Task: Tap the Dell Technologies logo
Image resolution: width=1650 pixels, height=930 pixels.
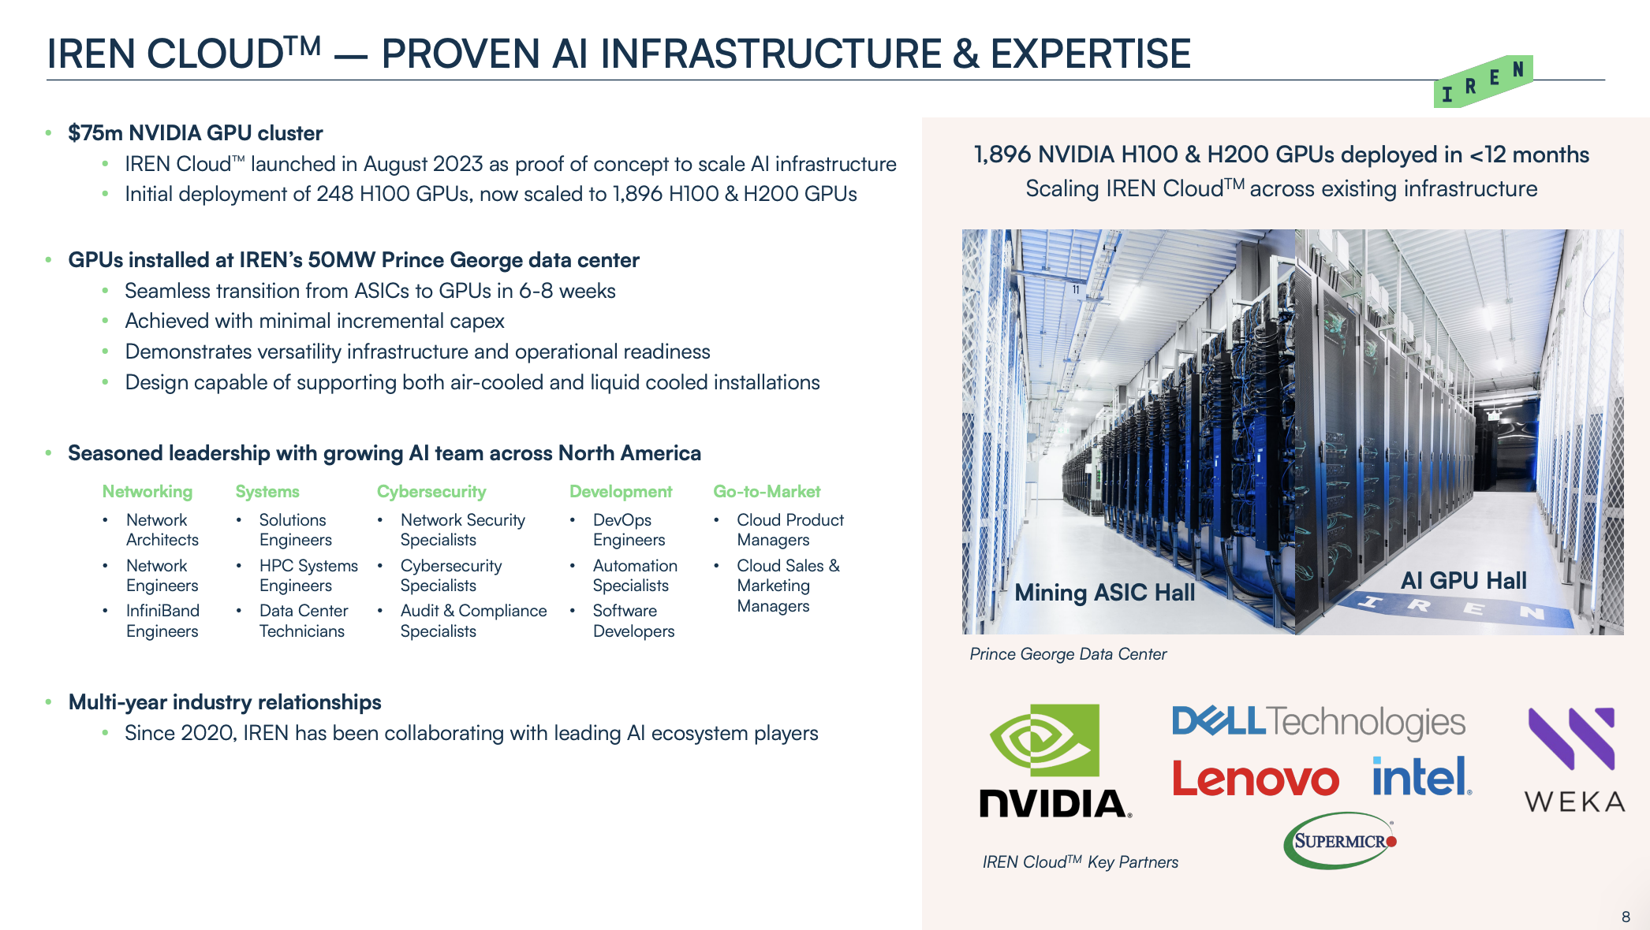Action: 1319,722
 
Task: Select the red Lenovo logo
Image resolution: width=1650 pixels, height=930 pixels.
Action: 1256,778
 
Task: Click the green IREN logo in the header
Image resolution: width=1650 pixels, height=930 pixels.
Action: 1483,81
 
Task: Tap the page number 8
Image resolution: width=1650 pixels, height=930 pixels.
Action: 1626,917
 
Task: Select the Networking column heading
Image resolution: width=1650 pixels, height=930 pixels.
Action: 147,492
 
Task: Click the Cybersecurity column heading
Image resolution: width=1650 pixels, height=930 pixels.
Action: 431,492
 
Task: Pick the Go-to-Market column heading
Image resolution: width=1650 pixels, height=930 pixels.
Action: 767,492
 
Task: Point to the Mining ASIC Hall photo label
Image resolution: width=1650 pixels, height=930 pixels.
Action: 1104,592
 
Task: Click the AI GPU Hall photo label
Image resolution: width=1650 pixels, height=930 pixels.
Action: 1464,580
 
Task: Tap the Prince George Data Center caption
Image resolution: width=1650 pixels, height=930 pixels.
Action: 1068,654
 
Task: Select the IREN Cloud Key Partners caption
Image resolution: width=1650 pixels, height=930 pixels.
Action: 1081,862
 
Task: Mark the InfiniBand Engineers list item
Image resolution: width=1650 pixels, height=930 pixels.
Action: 162,621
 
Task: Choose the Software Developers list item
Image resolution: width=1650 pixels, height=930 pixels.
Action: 633,621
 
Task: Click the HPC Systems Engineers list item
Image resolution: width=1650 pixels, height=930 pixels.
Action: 308,575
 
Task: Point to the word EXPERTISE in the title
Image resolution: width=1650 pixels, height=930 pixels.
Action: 1090,54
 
